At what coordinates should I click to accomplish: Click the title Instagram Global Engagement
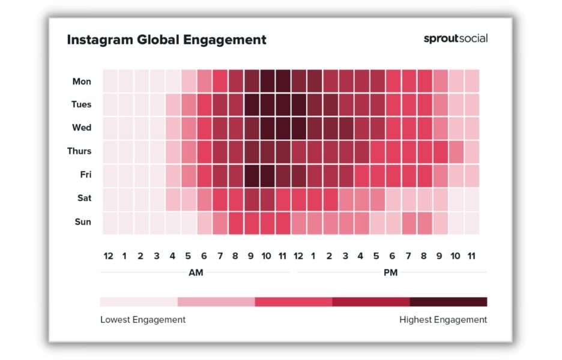166,40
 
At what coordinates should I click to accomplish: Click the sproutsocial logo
455,38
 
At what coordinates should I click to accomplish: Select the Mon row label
82,82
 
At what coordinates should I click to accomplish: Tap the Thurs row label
79,151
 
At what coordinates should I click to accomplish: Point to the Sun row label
82,222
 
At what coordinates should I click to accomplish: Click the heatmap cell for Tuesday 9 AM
251,104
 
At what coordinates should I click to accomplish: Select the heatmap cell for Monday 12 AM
109,81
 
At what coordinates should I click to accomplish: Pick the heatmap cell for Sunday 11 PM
471,222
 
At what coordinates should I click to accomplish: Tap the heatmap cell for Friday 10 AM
267,175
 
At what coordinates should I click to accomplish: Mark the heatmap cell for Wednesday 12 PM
298,128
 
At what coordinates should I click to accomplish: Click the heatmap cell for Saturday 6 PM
393,199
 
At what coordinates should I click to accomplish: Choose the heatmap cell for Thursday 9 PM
440,151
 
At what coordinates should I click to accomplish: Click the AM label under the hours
196,273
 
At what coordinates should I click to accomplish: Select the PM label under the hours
390,273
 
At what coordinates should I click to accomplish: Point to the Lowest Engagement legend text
143,320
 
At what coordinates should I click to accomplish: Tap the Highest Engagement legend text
443,320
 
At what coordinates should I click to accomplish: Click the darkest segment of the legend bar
448,301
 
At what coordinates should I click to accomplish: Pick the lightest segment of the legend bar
139,301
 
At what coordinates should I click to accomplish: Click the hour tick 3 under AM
156,256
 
